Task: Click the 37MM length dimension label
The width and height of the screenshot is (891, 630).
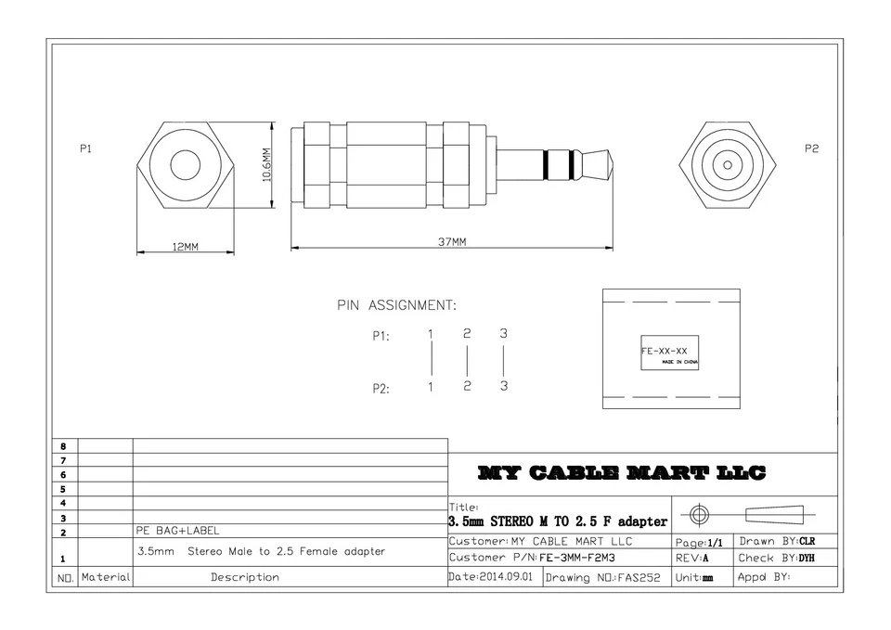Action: tap(452, 242)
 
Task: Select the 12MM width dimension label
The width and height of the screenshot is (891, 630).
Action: tap(185, 247)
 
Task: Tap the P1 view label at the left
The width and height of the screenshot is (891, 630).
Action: tap(86, 148)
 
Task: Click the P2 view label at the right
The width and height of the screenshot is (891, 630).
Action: tap(811, 148)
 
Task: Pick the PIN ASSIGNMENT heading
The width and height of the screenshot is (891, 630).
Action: tap(396, 305)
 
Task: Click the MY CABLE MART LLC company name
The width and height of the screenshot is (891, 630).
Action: tap(622, 474)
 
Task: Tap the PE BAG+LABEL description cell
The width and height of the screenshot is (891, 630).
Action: tap(178, 531)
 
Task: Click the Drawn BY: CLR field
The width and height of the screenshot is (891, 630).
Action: tap(776, 541)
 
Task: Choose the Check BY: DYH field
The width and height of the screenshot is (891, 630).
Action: tap(776, 559)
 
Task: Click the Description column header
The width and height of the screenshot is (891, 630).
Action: tap(244, 577)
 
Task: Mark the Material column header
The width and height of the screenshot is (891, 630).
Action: tap(106, 577)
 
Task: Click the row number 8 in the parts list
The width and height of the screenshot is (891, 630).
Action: tap(63, 446)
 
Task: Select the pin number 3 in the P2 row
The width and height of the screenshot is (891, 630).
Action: tap(503, 387)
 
